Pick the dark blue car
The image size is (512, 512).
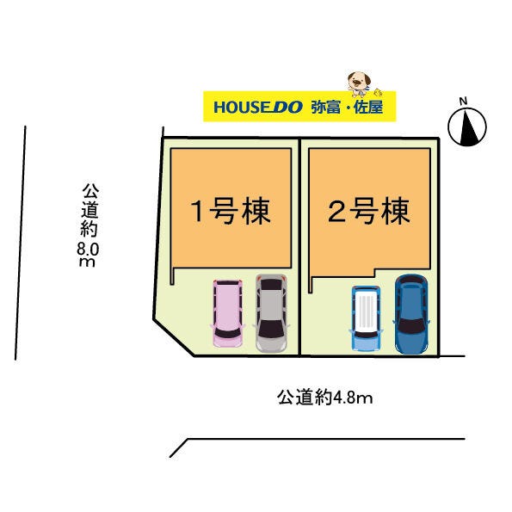pos(410,313)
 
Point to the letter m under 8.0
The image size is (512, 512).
pos(86,262)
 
